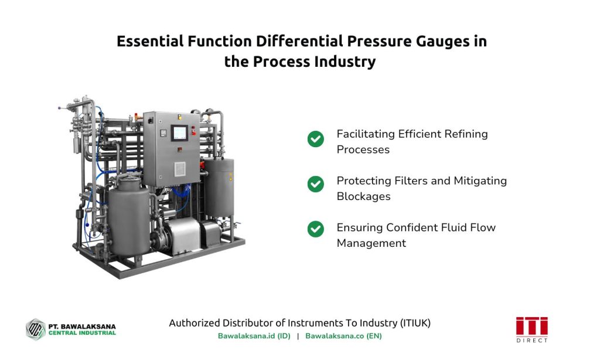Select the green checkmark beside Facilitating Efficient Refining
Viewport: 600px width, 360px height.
click(316, 139)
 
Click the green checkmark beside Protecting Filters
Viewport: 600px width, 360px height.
click(316, 184)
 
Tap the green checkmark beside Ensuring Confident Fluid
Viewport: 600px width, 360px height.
click(316, 229)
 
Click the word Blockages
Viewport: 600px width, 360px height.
click(363, 196)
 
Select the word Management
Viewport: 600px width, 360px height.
click(371, 243)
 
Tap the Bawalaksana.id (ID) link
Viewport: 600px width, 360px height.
click(254, 336)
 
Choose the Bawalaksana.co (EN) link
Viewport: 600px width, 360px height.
click(343, 336)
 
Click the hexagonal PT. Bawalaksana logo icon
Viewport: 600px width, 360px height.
click(36, 330)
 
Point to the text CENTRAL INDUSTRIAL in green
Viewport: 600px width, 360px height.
click(82, 333)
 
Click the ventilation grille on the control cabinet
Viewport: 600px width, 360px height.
click(180, 169)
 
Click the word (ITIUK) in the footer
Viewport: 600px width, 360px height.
click(415, 323)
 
